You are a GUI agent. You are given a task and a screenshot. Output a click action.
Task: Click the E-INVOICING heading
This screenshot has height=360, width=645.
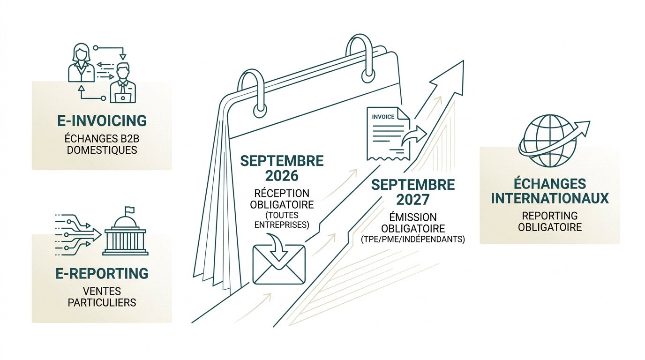tap(102, 120)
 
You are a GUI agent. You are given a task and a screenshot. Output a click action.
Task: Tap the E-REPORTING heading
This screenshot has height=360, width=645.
tap(102, 273)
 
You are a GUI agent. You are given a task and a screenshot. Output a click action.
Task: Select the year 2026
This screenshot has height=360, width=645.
tap(282, 176)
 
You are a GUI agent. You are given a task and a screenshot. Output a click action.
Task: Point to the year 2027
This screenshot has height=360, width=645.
tap(412, 200)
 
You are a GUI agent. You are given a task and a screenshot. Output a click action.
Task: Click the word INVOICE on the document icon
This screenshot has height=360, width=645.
tap(383, 117)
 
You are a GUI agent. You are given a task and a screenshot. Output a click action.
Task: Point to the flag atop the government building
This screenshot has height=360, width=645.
tap(129, 210)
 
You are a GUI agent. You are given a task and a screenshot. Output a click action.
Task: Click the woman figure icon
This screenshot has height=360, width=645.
tap(82, 62)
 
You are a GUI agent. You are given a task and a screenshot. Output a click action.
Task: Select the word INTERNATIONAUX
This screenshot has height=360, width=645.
tap(550, 198)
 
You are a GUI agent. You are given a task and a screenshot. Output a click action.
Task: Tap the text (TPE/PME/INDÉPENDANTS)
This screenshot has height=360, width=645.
tap(412, 240)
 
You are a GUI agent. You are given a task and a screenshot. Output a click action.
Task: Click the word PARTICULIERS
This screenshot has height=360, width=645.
tap(102, 303)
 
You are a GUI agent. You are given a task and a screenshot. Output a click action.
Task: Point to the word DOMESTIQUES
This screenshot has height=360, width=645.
tap(102, 150)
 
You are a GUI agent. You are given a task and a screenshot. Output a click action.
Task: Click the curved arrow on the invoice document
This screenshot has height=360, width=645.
tap(414, 135)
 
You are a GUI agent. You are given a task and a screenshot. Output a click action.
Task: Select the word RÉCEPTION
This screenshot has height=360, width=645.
tap(282, 193)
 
